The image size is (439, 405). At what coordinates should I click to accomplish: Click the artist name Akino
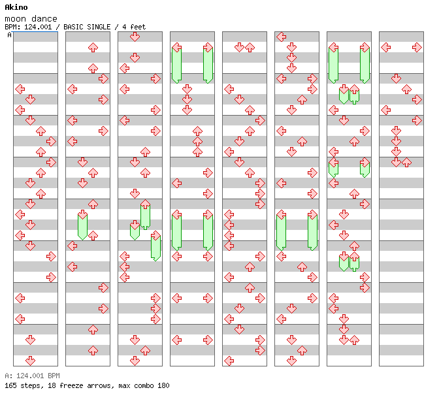click(16, 7)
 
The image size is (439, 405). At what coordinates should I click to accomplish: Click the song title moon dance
click(31, 19)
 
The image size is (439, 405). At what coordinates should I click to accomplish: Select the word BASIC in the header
click(73, 27)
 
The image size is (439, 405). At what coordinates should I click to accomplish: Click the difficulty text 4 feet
click(134, 27)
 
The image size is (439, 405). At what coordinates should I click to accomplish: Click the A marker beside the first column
click(9, 35)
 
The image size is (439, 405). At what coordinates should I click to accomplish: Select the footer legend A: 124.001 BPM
click(32, 376)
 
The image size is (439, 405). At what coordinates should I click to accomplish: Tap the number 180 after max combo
click(163, 385)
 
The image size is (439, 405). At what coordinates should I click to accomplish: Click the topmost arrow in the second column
click(93, 48)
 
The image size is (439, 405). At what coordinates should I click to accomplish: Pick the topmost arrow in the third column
click(135, 37)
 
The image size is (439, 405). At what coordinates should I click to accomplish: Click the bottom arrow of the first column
click(30, 361)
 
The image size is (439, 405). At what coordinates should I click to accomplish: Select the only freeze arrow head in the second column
click(82, 215)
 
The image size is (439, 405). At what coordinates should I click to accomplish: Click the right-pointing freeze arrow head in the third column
click(155, 236)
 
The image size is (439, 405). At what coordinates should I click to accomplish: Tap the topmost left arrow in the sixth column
click(281, 37)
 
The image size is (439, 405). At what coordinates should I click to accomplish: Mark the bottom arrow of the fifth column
click(229, 361)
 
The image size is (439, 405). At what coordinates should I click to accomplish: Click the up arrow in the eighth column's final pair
click(406, 163)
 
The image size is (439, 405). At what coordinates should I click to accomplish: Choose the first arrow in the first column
click(20, 89)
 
